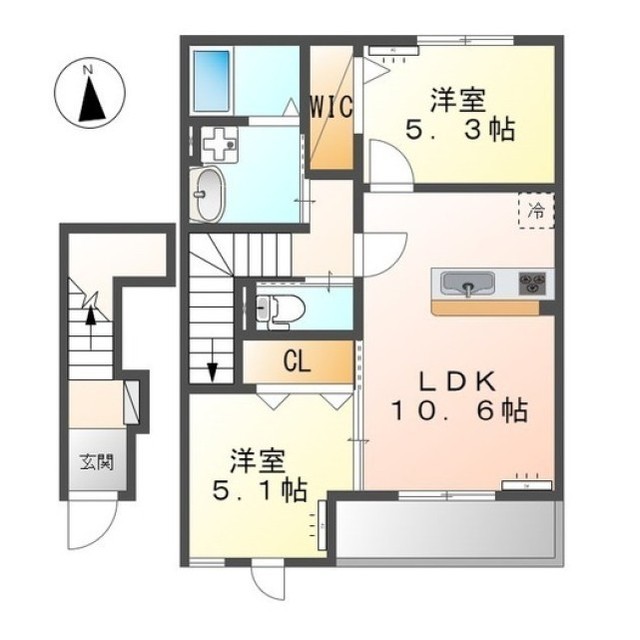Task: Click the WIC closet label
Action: (x=331, y=107)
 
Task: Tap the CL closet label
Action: (x=297, y=362)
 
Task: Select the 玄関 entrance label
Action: (x=97, y=462)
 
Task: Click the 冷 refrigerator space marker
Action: (x=536, y=211)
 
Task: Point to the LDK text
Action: (x=459, y=382)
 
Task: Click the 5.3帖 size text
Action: (x=459, y=130)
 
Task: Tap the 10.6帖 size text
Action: (x=459, y=411)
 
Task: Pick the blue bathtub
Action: (x=211, y=81)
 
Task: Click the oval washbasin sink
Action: (x=207, y=195)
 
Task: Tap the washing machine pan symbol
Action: (x=220, y=144)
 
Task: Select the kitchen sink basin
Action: (x=469, y=283)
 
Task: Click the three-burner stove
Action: (x=532, y=283)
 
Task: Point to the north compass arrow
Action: (x=91, y=100)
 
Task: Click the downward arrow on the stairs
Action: (x=212, y=360)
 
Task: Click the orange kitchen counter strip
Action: (x=486, y=308)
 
